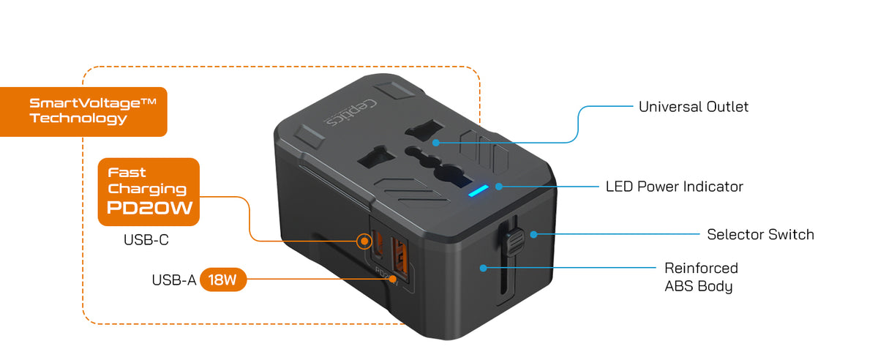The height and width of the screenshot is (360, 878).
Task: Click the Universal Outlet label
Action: pos(694,107)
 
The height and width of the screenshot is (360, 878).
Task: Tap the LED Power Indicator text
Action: pos(674,187)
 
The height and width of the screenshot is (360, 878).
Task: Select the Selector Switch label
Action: pos(760,234)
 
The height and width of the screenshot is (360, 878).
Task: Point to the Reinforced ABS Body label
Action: pos(701,277)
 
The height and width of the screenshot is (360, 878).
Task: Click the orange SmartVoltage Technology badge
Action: pos(83,112)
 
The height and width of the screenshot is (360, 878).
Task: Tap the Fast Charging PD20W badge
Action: pos(149,192)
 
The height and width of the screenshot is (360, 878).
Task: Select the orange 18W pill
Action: pos(223,280)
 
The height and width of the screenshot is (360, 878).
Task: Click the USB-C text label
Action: pos(146,239)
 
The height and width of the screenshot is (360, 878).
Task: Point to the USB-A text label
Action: pos(173,280)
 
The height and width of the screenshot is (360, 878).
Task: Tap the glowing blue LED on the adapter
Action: pos(479,191)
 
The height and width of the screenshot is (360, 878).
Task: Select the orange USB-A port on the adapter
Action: pos(399,259)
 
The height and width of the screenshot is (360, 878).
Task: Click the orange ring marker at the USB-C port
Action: pos(364,241)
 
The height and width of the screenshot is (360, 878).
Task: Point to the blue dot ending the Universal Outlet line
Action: pos(436,143)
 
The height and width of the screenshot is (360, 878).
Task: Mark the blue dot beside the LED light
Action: pos(499,187)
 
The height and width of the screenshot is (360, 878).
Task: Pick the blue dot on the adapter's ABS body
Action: pos(484,269)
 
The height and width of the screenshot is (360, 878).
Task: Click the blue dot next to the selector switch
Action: pos(533,234)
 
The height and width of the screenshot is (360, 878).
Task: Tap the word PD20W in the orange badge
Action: pos(150,208)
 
